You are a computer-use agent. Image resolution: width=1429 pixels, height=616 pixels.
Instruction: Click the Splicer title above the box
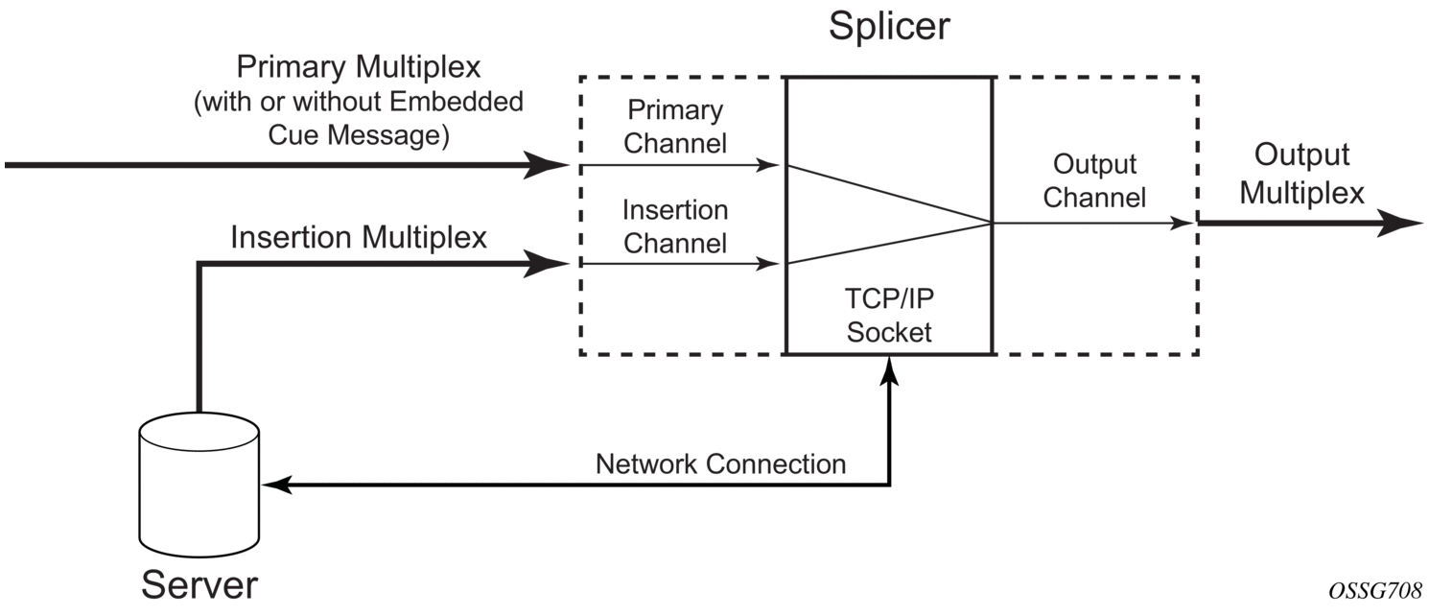click(889, 26)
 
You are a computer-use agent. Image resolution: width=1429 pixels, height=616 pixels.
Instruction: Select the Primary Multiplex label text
click(359, 69)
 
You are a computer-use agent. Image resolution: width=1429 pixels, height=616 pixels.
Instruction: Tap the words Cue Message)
click(359, 135)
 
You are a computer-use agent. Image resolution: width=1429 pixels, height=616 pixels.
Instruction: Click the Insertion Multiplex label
click(359, 238)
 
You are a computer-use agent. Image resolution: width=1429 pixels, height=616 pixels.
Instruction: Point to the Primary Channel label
click(673, 127)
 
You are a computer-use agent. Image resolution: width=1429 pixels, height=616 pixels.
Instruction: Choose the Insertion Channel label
click(674, 225)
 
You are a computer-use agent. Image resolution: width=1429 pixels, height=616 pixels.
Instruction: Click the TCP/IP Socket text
click(888, 316)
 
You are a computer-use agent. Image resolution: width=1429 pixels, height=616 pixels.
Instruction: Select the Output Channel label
click(1094, 180)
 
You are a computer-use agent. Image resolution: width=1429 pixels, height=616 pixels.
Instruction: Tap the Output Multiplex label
click(1301, 174)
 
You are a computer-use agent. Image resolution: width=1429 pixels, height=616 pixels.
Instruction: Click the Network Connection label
click(720, 464)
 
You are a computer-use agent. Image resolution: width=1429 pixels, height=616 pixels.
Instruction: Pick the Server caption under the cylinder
click(199, 583)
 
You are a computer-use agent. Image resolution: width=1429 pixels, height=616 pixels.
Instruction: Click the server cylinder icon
click(199, 486)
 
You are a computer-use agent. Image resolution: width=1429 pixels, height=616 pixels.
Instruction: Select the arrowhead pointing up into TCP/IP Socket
click(891, 367)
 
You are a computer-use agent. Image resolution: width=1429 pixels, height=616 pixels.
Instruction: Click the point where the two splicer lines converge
click(991, 224)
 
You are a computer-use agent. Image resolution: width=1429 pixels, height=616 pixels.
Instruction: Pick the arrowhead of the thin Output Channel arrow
click(1187, 224)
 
